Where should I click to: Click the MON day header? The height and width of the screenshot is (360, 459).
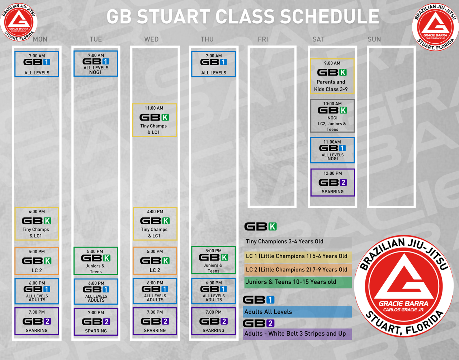(x=40, y=39)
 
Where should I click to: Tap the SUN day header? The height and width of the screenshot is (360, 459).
(x=374, y=39)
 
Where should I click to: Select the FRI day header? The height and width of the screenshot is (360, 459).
(x=263, y=39)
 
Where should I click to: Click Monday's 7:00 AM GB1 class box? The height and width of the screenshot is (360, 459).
(x=37, y=64)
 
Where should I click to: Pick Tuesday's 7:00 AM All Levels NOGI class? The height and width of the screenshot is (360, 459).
(x=96, y=63)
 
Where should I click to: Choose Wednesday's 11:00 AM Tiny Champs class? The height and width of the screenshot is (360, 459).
(x=155, y=120)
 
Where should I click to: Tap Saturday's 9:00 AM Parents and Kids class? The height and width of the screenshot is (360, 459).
(x=332, y=76)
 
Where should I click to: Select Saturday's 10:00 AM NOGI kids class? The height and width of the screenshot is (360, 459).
(x=332, y=116)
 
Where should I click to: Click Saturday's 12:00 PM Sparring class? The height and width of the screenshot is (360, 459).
(x=333, y=182)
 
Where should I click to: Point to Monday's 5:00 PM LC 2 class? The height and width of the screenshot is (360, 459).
(x=37, y=261)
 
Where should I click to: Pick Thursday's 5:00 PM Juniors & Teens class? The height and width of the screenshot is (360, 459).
(x=213, y=260)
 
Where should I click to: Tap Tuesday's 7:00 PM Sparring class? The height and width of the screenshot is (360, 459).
(x=96, y=322)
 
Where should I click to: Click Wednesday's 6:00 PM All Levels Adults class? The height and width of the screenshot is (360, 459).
(x=155, y=291)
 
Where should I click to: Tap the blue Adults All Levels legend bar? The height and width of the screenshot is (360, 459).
(x=297, y=312)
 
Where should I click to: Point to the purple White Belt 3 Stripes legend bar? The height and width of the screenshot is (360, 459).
(x=297, y=334)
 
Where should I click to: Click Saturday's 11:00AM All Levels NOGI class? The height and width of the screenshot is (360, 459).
(x=332, y=150)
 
